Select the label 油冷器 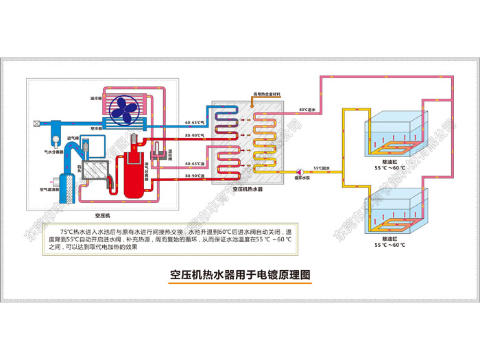[x=96, y=98]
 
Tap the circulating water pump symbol [x=300, y=172]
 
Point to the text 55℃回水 [x=322, y=168]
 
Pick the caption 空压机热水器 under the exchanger [x=248, y=189]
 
